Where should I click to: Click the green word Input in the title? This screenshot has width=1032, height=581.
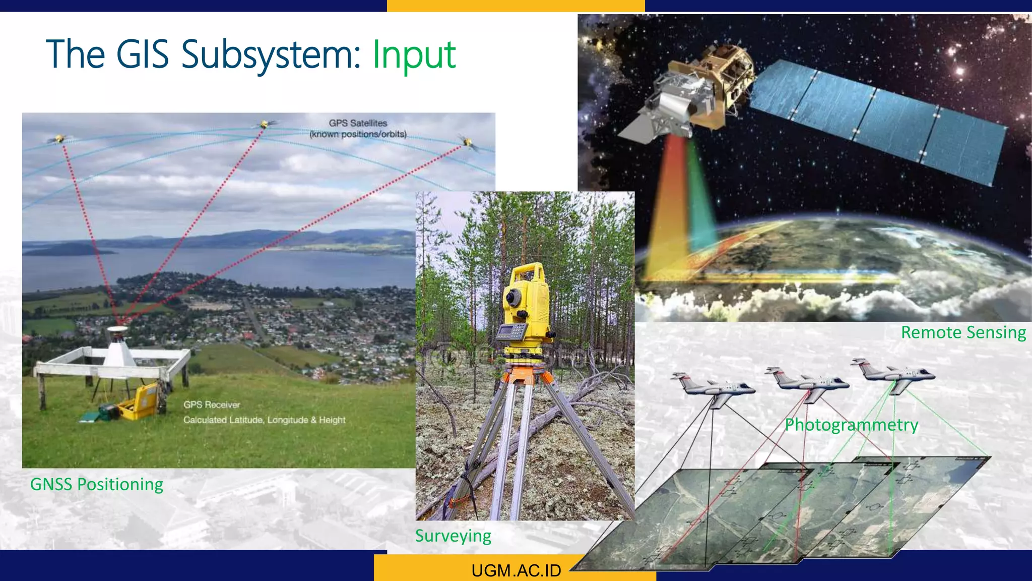click(414, 54)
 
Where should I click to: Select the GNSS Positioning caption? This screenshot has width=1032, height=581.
click(97, 484)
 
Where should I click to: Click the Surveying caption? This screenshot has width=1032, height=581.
click(453, 536)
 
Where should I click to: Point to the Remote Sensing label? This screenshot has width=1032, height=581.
click(963, 333)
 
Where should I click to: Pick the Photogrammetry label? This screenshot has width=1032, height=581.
click(851, 425)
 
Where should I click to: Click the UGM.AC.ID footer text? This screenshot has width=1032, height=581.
click(516, 570)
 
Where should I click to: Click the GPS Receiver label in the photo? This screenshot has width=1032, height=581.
click(212, 404)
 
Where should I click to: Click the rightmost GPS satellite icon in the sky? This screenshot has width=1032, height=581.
click(467, 142)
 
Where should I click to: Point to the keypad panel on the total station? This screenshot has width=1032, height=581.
click(511, 332)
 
